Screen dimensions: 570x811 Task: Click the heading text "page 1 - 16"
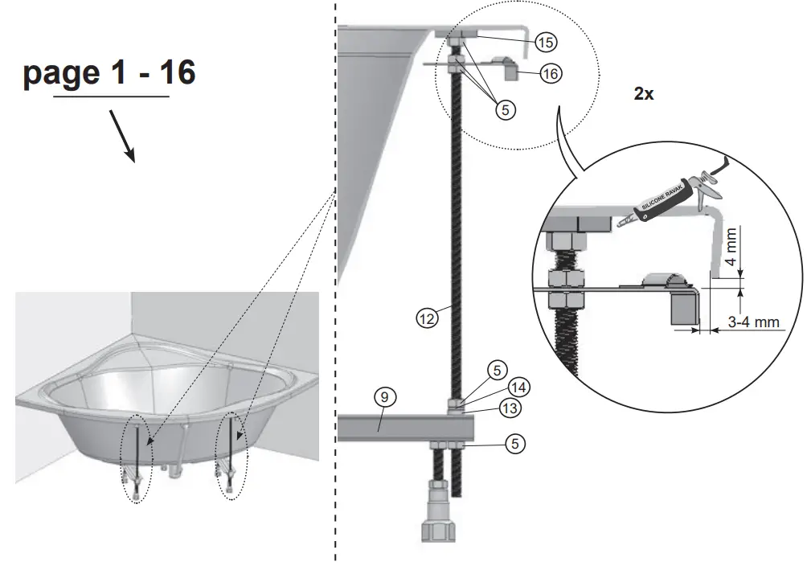tap(109, 73)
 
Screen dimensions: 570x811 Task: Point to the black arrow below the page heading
tap(122, 134)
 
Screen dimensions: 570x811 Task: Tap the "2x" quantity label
tap(644, 94)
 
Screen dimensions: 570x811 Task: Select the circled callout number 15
tap(546, 40)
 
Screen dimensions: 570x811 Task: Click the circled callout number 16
tap(550, 73)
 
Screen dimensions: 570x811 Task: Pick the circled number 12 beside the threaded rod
tap(427, 318)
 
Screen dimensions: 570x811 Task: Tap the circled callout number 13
tap(509, 408)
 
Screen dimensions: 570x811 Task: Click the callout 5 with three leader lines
tap(504, 111)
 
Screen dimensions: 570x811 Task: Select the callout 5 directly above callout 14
tap(498, 371)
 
